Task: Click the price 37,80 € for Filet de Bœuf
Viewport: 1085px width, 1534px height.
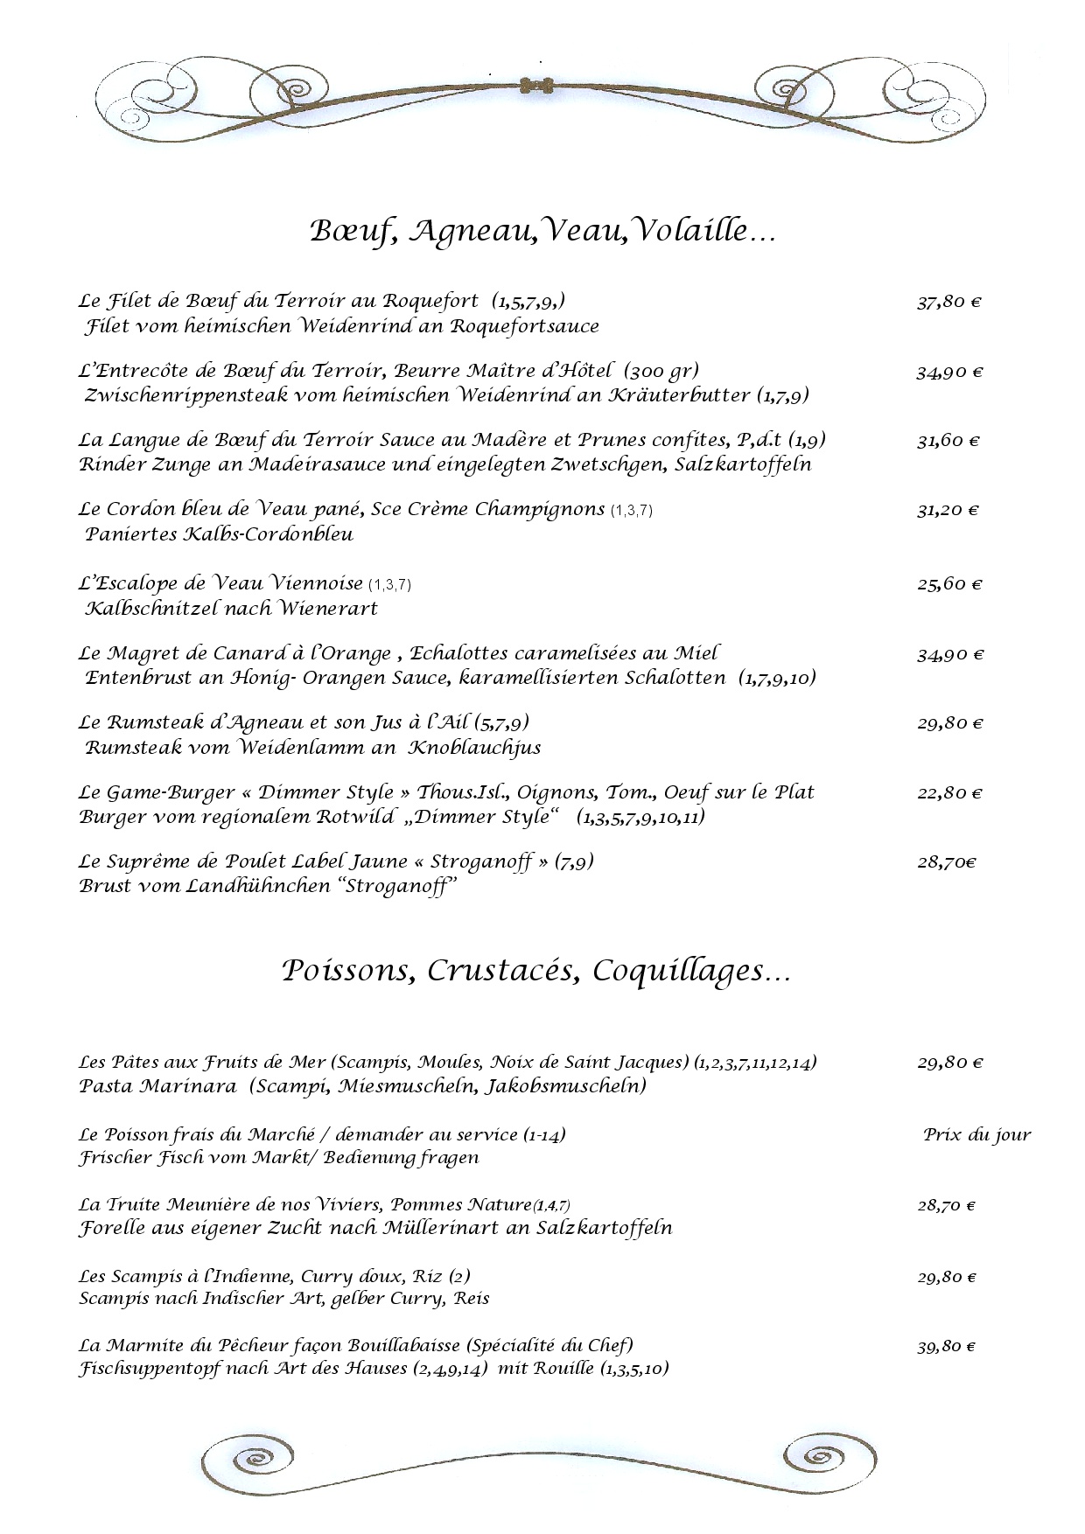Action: click(948, 303)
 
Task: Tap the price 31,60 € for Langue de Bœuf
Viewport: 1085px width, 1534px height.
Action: click(948, 442)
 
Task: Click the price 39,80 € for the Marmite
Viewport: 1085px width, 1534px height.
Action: click(946, 1347)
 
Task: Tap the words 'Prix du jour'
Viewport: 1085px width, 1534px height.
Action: click(976, 1135)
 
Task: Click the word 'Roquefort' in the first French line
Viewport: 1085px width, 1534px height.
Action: click(430, 302)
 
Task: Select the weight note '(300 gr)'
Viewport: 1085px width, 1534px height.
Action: click(661, 371)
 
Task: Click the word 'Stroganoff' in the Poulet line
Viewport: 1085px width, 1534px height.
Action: click(482, 861)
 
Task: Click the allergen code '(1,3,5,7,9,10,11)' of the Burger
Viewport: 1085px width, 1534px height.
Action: click(640, 817)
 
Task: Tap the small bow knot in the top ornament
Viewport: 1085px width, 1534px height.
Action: click(535, 86)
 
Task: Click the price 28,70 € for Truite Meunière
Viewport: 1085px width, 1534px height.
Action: click(946, 1206)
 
